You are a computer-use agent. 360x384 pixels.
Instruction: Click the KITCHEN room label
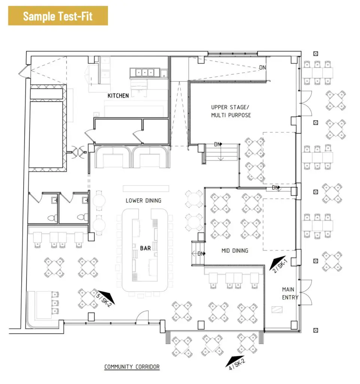click(x=118, y=96)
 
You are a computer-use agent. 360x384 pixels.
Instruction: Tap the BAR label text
click(x=145, y=248)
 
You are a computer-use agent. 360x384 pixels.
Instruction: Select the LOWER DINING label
click(x=143, y=201)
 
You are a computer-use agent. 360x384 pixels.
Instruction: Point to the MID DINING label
click(x=235, y=250)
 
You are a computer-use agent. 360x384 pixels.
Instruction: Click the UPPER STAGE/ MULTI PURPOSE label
click(x=231, y=111)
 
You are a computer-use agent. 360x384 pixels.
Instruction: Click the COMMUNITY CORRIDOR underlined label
click(x=132, y=367)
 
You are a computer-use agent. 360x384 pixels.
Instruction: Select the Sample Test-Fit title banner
click(x=58, y=16)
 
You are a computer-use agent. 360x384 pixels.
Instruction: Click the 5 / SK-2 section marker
click(x=105, y=298)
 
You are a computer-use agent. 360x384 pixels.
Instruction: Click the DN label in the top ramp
click(x=262, y=67)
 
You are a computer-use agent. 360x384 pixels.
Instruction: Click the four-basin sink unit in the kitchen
click(x=145, y=72)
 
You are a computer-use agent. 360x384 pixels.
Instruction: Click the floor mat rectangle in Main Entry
click(x=277, y=309)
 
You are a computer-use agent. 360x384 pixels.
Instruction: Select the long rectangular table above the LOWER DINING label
click(x=146, y=189)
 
